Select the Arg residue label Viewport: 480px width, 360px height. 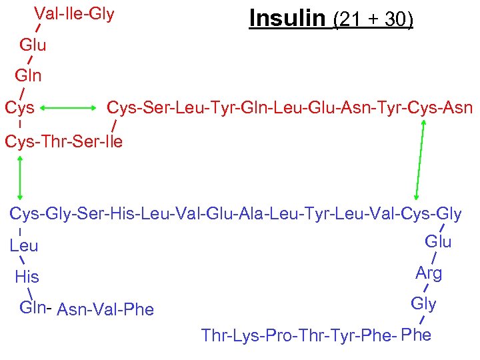(429, 273)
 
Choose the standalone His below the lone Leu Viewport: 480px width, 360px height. (27, 277)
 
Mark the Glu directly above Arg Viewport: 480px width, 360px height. (438, 241)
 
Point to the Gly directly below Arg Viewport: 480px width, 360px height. (423, 304)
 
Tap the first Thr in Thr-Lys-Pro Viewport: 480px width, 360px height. (213, 335)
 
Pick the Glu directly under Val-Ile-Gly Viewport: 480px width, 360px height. (33, 45)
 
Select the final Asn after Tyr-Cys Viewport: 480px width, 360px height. (458, 107)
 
